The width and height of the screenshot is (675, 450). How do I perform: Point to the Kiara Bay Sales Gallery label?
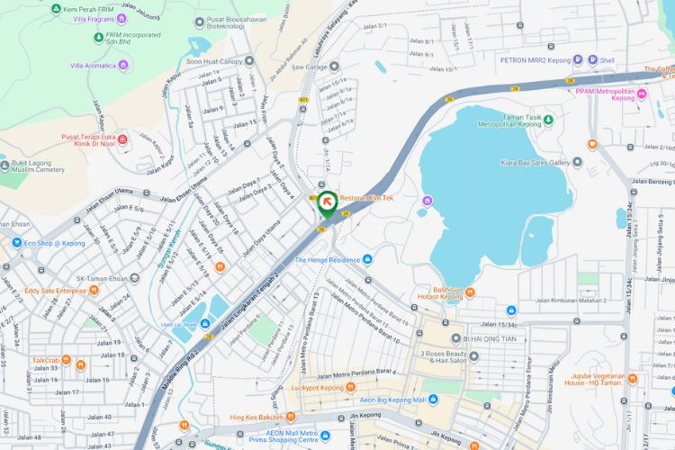(x=535, y=163)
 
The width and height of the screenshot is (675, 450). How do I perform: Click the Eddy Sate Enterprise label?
(x=55, y=291)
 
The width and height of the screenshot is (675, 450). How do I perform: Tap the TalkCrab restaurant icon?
(x=80, y=364)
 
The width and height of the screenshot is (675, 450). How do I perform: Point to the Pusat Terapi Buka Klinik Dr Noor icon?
(x=122, y=137)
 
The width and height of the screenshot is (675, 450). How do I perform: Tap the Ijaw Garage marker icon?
(x=334, y=67)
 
